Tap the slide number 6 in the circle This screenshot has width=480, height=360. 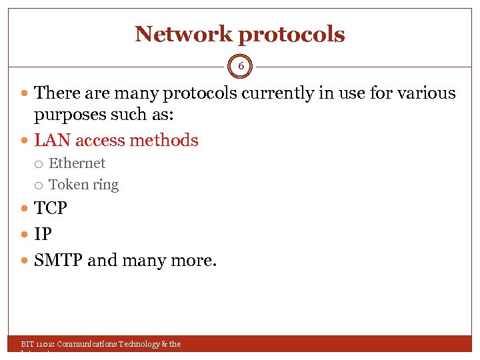point(241,67)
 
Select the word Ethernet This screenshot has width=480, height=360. point(77,163)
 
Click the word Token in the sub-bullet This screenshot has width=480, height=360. point(65,185)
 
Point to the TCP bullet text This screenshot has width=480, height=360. point(51,209)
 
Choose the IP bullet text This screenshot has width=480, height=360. point(43,235)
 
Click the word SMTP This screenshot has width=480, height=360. point(59,260)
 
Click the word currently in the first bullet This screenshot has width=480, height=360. point(279,93)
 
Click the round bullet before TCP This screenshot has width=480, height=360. point(25,209)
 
